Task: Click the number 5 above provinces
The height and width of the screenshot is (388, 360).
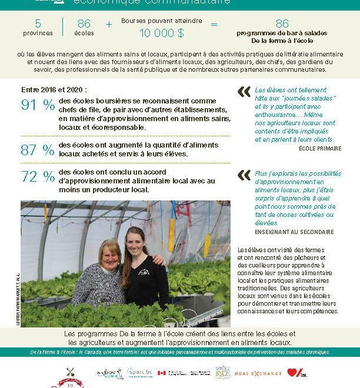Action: tap(38, 24)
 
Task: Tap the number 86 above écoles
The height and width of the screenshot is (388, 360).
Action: tap(84, 24)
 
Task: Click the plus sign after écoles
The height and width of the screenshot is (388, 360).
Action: tap(109, 25)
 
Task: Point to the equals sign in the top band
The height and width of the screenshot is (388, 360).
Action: tap(214, 25)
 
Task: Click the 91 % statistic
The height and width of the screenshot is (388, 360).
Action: tap(37, 106)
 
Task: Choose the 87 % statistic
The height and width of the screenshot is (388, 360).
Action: tap(37, 150)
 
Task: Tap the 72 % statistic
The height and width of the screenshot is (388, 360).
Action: tap(37, 176)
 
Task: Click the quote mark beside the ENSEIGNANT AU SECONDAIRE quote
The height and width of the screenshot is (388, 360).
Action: tap(244, 175)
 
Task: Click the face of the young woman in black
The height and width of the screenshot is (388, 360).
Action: tap(136, 239)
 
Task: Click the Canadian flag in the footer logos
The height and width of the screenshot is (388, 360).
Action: tap(162, 373)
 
